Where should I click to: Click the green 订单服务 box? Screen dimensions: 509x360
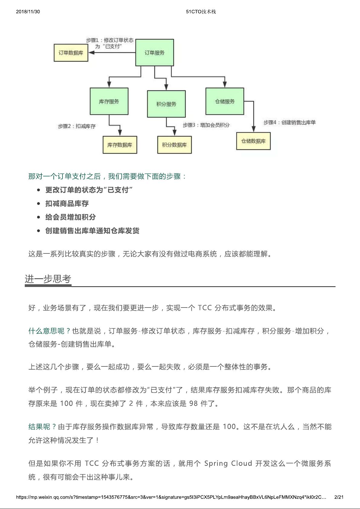coord(154,53)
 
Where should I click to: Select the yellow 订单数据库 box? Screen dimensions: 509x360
coord(71,53)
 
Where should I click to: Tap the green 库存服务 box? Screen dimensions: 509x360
coord(109,101)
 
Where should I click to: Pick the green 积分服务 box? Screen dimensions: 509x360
coord(166,104)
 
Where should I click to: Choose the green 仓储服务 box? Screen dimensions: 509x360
coord(225,101)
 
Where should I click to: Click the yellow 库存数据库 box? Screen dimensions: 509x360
coord(120,145)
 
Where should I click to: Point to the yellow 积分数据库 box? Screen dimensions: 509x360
coord(174,145)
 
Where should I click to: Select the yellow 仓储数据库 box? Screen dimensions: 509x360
coord(253,141)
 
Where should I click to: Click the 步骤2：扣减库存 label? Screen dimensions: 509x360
coord(77,126)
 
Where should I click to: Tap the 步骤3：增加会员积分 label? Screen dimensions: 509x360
coord(206,125)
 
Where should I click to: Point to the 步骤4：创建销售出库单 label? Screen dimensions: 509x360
coord(289,122)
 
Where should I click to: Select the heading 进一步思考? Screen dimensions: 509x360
coord(48,279)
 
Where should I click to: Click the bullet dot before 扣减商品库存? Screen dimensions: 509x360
coord(38,204)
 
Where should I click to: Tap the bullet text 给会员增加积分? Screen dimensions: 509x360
coord(70,217)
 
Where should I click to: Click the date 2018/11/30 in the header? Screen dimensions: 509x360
coord(28,11)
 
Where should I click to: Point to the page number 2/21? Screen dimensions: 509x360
coord(339,497)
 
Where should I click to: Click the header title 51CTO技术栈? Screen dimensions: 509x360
coord(201,11)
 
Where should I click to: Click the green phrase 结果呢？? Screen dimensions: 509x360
coord(42,427)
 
